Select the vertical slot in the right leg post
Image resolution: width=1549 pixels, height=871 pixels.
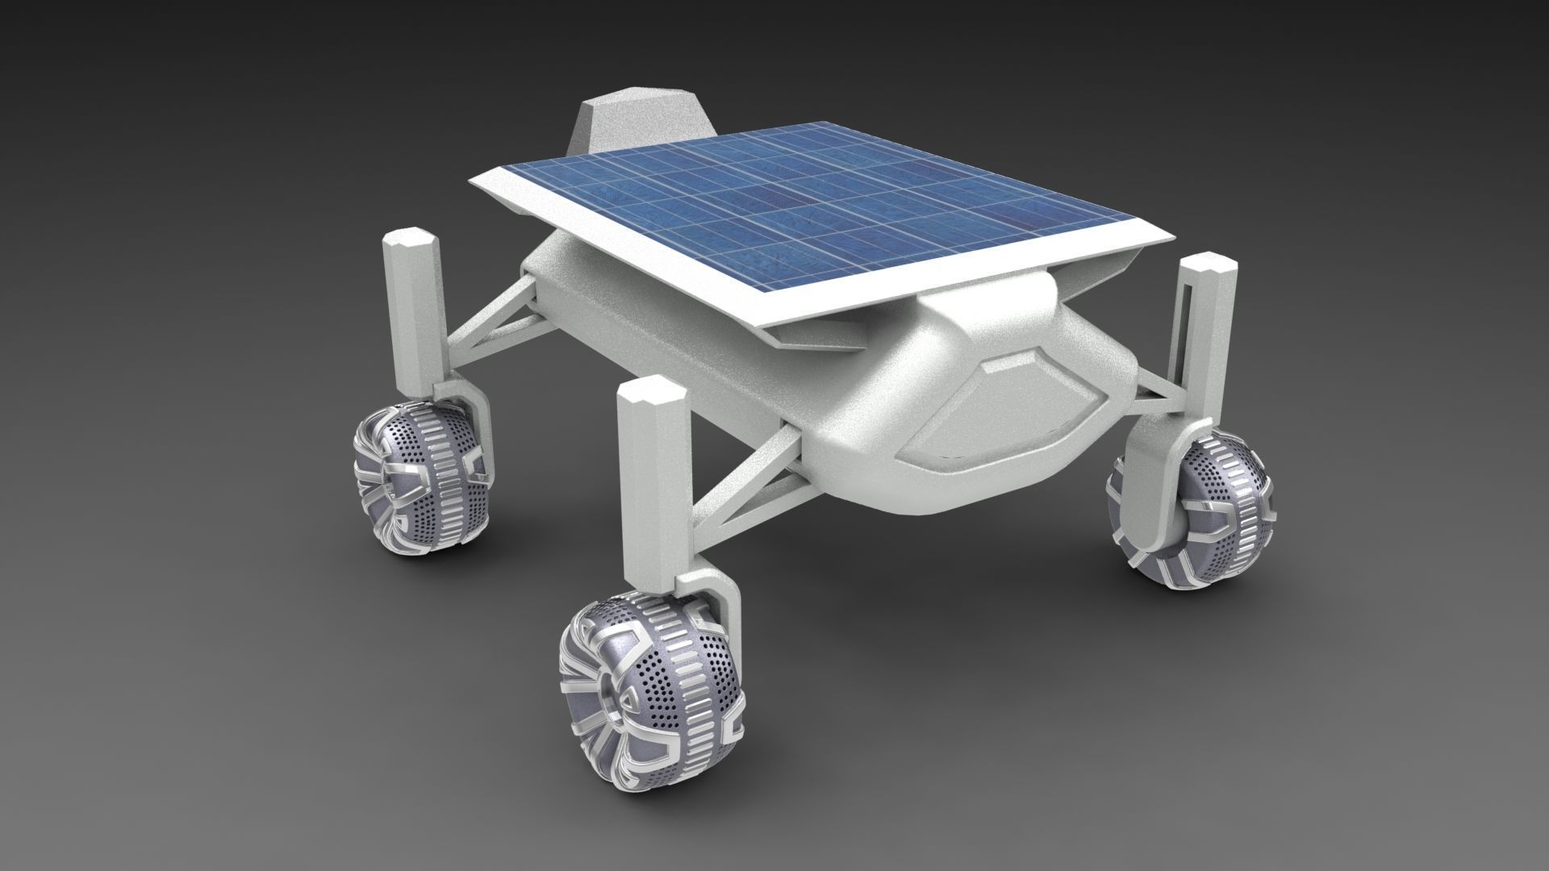[x=1192, y=331]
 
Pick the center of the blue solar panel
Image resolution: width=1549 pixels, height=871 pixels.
[x=807, y=210]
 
